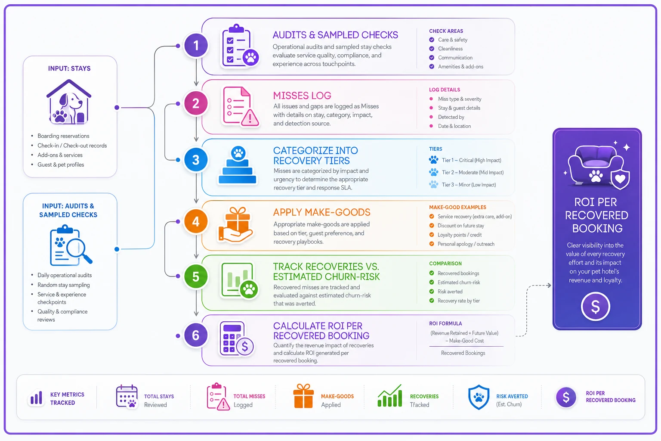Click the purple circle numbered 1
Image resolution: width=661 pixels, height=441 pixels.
pos(196,46)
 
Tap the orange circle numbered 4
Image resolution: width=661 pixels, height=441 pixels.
pos(196,221)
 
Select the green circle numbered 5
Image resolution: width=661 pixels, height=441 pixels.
pos(196,276)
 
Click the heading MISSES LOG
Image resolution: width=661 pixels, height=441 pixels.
pos(302,96)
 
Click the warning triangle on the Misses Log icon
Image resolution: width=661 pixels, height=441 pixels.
pos(250,118)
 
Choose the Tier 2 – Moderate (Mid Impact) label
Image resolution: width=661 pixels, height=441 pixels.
pos(473,173)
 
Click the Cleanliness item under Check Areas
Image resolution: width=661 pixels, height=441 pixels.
pos(450,49)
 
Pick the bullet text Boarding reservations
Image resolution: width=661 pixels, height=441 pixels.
pos(63,136)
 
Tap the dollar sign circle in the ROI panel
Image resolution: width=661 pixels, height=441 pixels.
pos(595,306)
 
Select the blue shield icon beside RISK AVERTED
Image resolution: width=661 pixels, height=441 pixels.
pos(479,397)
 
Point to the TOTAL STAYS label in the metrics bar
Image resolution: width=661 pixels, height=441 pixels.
pos(159,396)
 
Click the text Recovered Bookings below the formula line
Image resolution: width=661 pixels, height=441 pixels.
pos(463,353)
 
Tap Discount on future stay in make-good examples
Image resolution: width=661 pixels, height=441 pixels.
pos(460,226)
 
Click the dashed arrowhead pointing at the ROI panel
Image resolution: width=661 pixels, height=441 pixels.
pos(549,286)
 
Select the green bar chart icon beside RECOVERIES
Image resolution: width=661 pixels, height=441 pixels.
pos(389,396)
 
